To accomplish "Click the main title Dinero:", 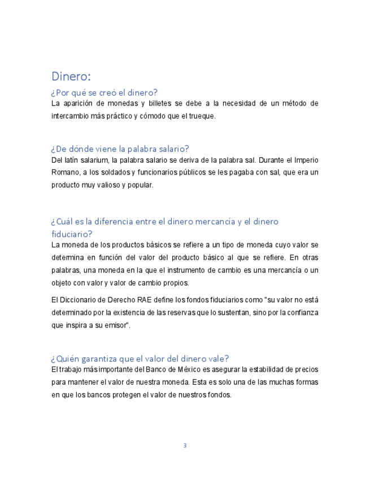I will [x=71, y=76].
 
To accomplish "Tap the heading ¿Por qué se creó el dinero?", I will [x=105, y=92].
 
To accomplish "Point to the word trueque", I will [x=203, y=116].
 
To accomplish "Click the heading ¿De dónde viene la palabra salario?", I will [x=120, y=149].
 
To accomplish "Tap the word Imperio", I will [x=306, y=160].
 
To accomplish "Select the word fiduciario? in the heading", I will [x=72, y=233].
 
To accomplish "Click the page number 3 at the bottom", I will [x=185, y=446].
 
